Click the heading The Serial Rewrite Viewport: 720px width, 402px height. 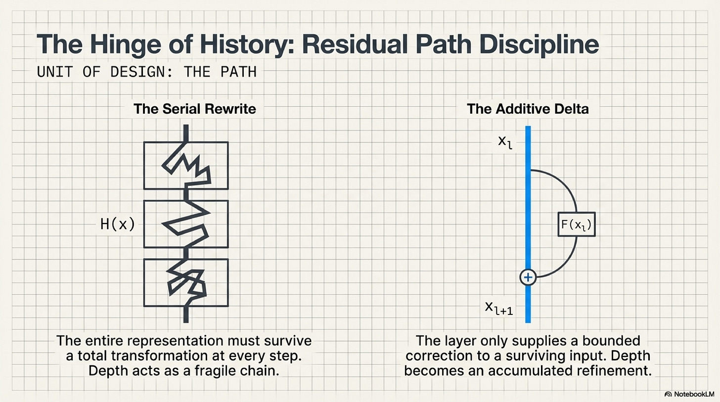coord(195,109)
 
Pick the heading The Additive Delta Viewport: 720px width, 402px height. coord(528,109)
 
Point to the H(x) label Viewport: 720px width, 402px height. coord(117,224)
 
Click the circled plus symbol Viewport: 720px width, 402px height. coord(528,277)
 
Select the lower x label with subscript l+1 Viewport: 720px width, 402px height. coord(499,309)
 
